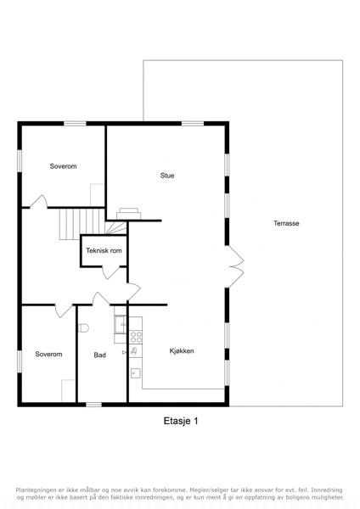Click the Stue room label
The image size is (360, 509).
pos(167,176)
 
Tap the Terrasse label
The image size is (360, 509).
pos(286,223)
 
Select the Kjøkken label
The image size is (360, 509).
pos(182,351)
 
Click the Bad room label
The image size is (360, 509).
pos(99,355)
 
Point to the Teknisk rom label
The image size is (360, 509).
pos(104,250)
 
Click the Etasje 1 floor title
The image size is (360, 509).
pos(181,421)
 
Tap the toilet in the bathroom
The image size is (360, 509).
pos(84,328)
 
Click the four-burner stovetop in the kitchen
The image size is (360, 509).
pos(136,337)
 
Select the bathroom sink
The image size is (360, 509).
pos(121,324)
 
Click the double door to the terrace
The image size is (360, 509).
pos(235,266)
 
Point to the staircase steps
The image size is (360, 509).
pos(82,224)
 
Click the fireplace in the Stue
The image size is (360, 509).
pos(129,214)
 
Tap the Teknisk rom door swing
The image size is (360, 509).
pos(111,272)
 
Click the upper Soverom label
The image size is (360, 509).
pos(63,166)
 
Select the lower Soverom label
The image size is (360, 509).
pos(48,354)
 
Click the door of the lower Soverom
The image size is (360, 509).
pos(64,310)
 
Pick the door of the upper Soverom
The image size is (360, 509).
pos(39,201)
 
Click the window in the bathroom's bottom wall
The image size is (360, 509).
pos(93,405)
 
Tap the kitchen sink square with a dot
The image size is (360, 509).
pos(136,373)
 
